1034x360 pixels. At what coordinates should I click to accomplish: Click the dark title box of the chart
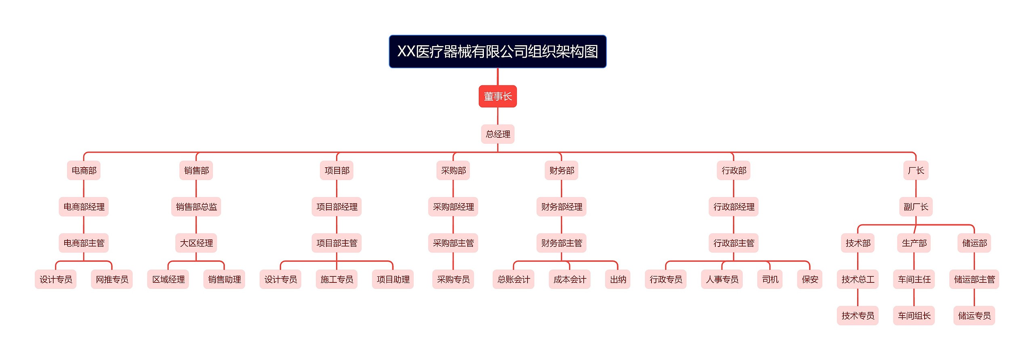498,51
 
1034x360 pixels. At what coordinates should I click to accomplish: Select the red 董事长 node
498,96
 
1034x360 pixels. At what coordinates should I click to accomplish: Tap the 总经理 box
498,134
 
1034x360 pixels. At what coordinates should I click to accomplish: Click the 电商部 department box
84,171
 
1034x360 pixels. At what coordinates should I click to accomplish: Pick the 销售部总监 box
196,207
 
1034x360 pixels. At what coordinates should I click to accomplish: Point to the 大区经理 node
196,243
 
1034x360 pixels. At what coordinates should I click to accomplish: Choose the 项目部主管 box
337,243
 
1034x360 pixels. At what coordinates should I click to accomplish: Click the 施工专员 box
337,280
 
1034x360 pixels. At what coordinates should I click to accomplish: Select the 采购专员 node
453,280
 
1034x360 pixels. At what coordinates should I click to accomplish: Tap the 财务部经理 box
561,207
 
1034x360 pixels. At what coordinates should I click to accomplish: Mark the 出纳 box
618,280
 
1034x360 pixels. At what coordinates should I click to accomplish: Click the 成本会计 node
570,280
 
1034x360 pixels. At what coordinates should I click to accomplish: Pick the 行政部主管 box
734,243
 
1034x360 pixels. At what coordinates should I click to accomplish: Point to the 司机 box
770,280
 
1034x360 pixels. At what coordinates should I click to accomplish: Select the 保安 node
810,280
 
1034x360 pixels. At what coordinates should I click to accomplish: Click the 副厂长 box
916,207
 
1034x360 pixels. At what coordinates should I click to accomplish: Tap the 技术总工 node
858,280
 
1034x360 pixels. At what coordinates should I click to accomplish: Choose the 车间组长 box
914,316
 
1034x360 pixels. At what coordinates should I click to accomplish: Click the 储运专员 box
974,316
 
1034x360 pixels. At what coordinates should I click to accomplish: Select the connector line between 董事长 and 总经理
498,116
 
